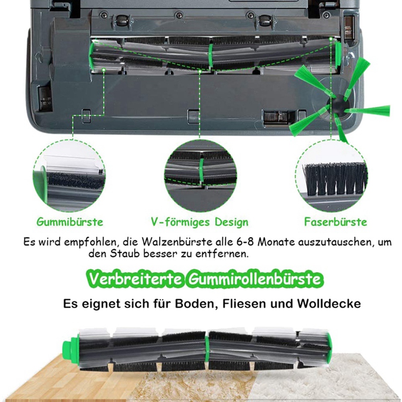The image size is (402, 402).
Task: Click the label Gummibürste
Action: pos(70,222)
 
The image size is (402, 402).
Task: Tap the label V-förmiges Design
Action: pos(200,222)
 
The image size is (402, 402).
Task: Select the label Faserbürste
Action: pos(336,222)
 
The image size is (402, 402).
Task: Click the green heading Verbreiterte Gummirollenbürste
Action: pos(205,279)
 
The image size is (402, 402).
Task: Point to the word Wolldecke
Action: pos(329,304)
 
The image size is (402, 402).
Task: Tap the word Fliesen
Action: pos(244,304)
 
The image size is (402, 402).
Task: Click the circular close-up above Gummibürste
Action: pos(69,175)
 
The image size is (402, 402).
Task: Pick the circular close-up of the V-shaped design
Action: pos(200,175)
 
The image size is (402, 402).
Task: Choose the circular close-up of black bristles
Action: pos(331,175)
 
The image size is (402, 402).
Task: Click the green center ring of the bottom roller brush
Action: pos(207,351)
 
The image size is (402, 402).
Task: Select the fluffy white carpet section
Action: pos(323,380)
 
